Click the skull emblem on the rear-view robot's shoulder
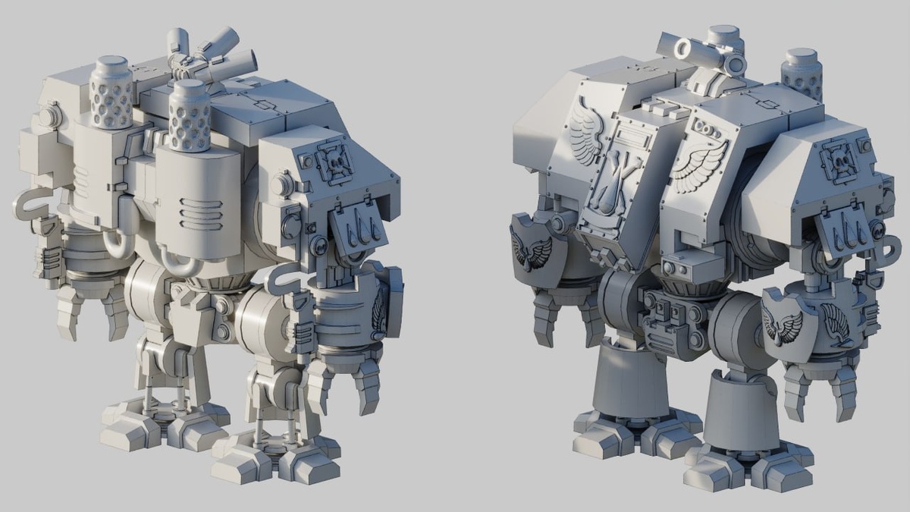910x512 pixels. click(x=334, y=162)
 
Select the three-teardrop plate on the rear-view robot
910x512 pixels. click(x=353, y=228)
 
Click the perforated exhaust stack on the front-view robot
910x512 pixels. click(x=802, y=74)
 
